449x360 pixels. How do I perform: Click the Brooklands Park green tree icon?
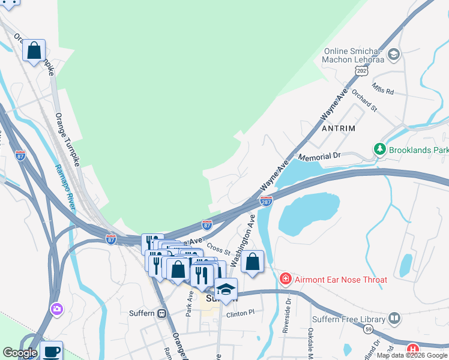coord(379,148)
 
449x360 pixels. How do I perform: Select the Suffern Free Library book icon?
coord(394,317)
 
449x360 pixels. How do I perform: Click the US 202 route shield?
coord(361,71)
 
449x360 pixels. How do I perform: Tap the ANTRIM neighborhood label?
coord(339,128)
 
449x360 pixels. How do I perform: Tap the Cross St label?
coord(219,248)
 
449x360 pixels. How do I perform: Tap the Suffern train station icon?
coord(161,313)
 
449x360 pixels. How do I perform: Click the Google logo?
coord(19,353)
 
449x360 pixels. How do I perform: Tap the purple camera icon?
coord(57,308)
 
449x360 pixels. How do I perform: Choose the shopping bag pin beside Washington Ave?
coord(253,261)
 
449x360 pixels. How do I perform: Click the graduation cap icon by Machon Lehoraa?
coord(393,55)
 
